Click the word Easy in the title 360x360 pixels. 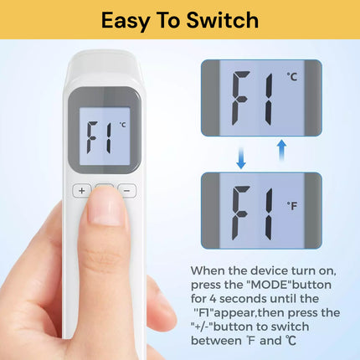click(126, 21)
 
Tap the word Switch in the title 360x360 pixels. click(223, 20)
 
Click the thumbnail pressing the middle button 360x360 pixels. click(105, 207)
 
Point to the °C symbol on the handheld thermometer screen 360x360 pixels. click(122, 125)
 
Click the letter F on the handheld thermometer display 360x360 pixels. click(92, 137)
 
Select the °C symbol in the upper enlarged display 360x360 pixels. click(292, 76)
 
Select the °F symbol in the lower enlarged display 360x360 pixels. click(292, 206)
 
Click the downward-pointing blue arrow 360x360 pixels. click(241, 158)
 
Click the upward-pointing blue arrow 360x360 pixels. click(282, 150)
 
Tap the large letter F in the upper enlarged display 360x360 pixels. click(241, 98)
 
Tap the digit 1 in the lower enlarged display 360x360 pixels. click(269, 213)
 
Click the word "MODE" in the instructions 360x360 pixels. click(270, 285)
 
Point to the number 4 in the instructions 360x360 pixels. click(213, 299)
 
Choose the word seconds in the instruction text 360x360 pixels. click(243, 299)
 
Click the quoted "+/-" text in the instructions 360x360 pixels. click(202, 327)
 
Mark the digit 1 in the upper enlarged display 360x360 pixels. click(269, 100)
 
